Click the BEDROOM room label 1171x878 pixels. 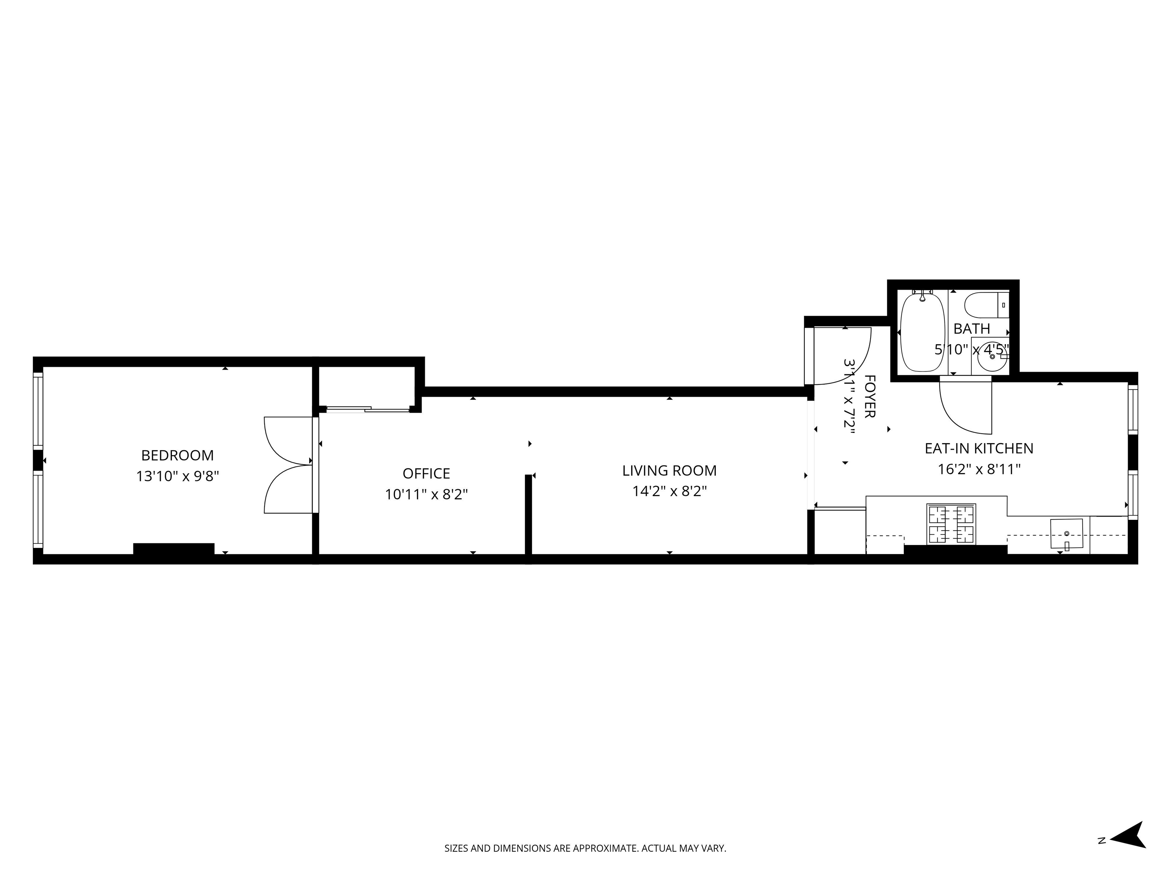[x=177, y=455]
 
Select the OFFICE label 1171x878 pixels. [x=426, y=473]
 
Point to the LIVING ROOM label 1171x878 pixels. [x=669, y=471]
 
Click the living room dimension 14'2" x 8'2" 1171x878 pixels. [x=669, y=492]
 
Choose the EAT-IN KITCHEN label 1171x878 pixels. [x=979, y=448]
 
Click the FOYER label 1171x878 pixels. [x=869, y=396]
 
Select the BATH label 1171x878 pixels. [x=971, y=328]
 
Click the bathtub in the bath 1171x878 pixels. [x=922, y=332]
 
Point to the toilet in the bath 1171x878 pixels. [x=986, y=305]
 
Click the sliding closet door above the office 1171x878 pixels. [x=368, y=409]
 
